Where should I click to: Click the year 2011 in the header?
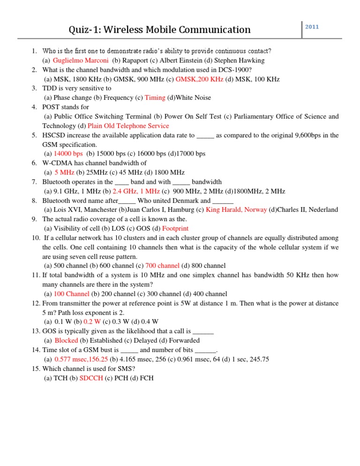[312, 27]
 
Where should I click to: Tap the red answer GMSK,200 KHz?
[199, 79]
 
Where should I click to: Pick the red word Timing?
[155, 98]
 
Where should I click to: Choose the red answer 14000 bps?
[68, 153]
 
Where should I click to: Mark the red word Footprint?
[175, 228]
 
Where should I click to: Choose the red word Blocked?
[67, 340]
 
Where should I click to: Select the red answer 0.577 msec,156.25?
[81, 359]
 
